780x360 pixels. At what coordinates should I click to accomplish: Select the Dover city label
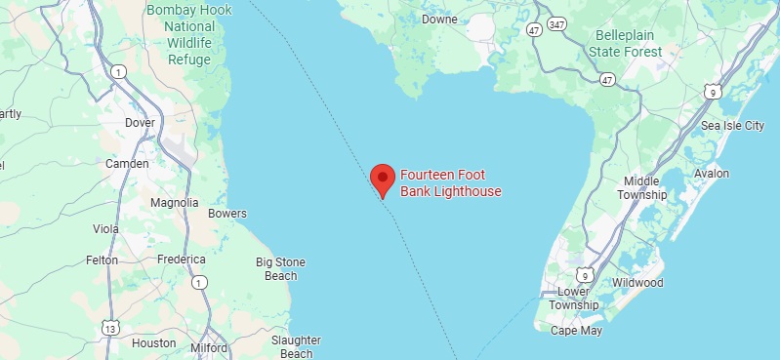141,123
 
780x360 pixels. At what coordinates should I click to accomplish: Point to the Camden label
127,164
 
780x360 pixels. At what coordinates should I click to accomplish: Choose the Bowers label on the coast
227,214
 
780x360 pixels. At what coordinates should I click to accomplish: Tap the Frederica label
182,260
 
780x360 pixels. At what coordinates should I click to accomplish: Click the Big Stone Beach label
280,268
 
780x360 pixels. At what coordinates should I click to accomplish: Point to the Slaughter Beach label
296,346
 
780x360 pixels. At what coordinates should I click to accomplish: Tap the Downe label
439,20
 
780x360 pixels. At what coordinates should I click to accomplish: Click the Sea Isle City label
733,126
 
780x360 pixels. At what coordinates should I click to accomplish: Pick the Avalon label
711,174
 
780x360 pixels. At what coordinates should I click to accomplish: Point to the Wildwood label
636,283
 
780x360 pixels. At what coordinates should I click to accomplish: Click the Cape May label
578,331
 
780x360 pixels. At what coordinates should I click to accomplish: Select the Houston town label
153,343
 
